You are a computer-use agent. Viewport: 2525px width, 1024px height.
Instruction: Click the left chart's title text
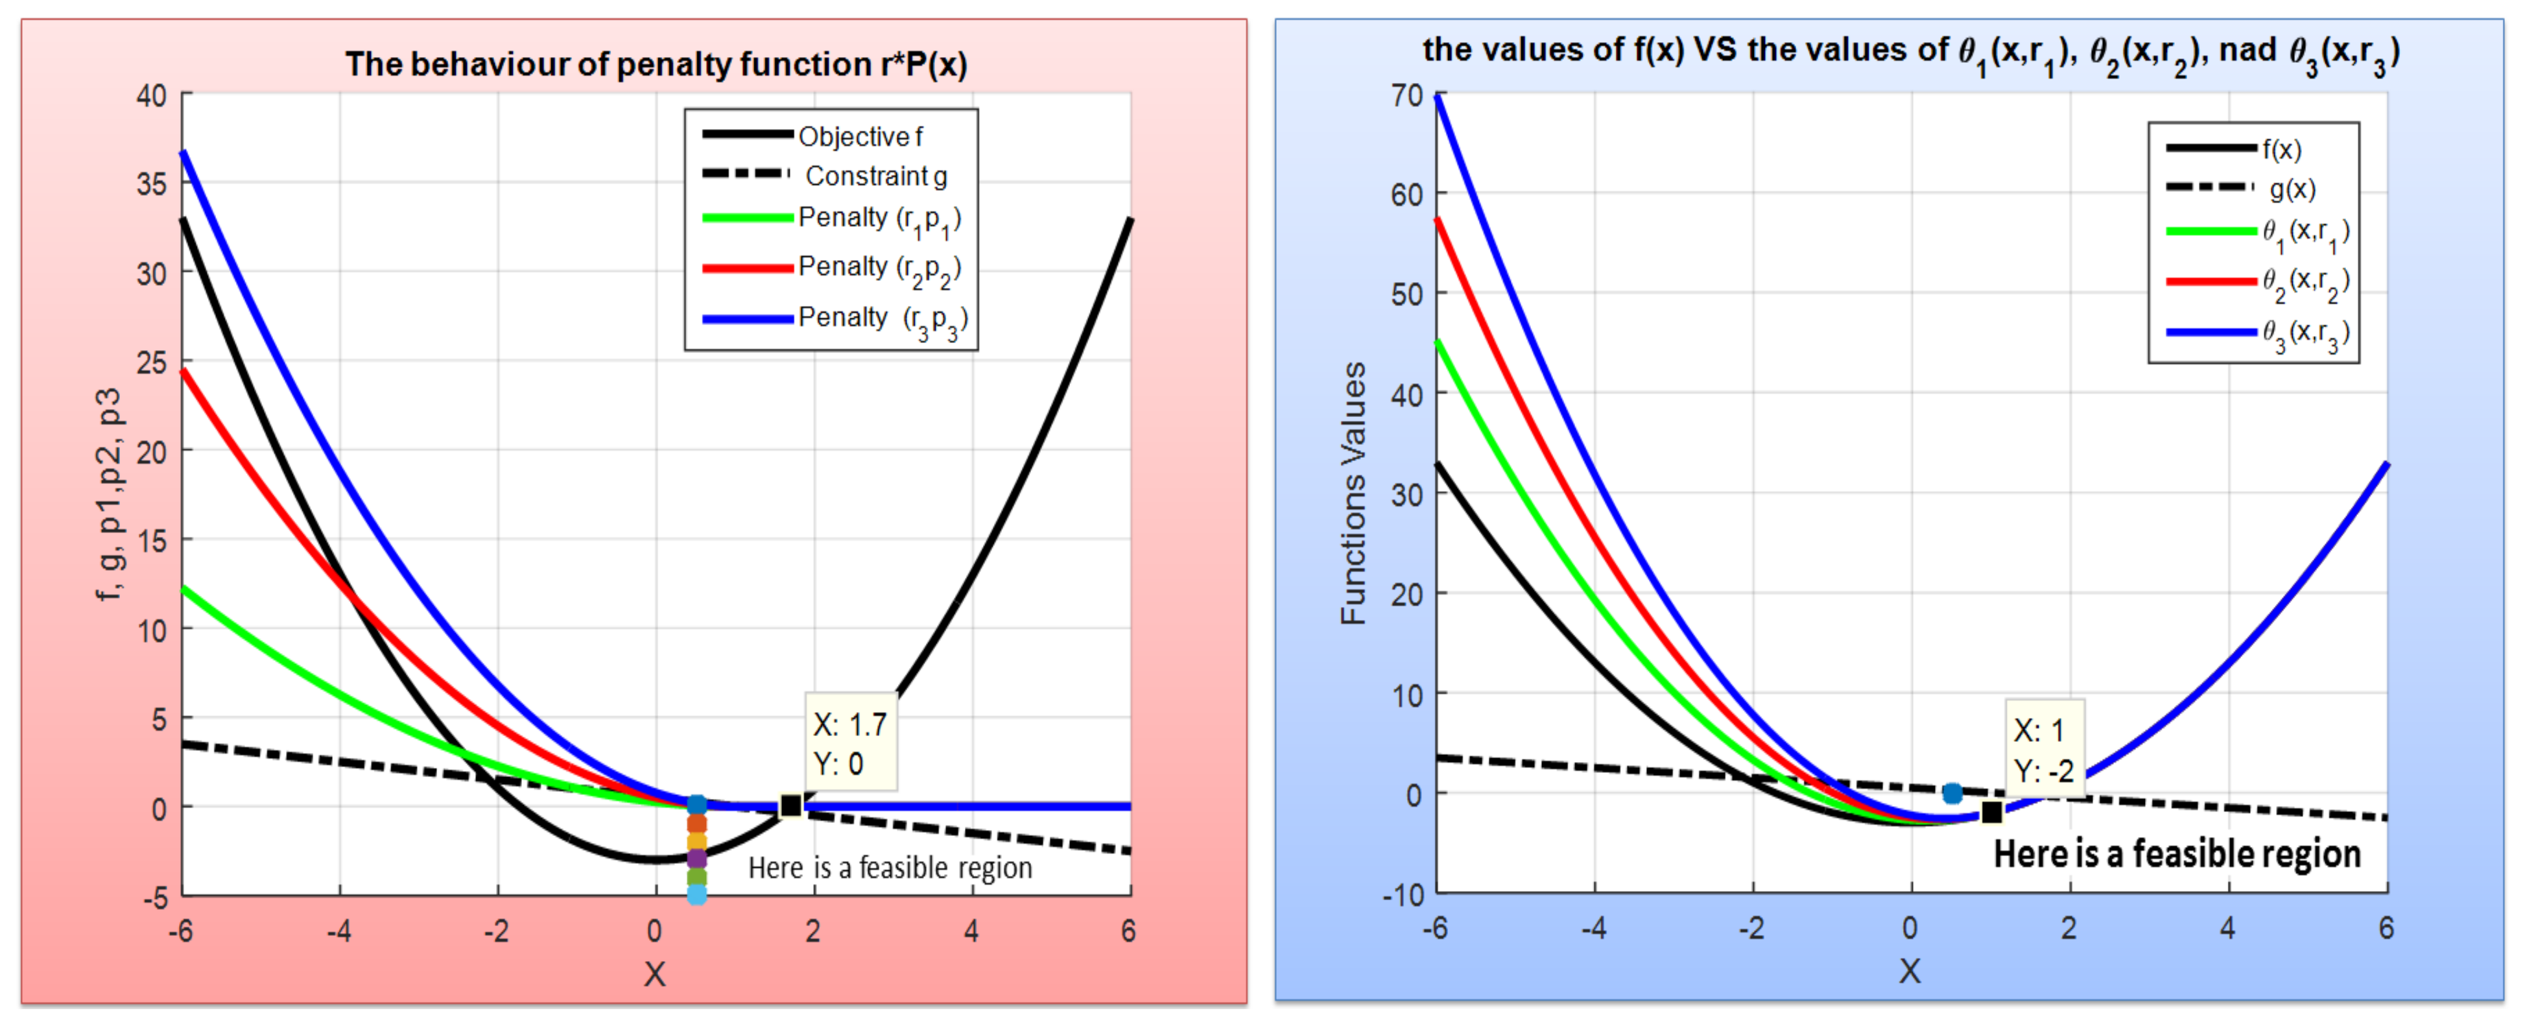point(656,65)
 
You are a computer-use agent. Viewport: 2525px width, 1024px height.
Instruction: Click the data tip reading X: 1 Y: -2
point(2044,750)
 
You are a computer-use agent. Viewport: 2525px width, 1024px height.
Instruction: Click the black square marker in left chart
point(790,805)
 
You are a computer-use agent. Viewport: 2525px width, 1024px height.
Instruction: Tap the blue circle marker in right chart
point(1952,792)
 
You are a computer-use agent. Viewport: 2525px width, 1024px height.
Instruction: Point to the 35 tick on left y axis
point(152,184)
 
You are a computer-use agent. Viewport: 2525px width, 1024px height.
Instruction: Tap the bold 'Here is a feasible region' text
point(2176,853)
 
